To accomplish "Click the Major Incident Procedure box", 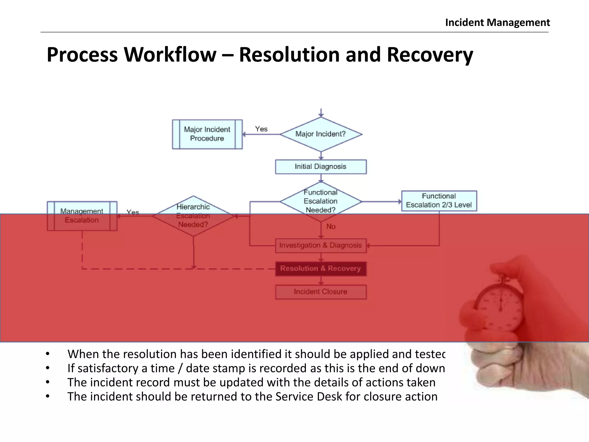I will (207, 134).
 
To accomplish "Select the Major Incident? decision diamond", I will (321, 134).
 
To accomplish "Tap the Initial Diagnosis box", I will (321, 167).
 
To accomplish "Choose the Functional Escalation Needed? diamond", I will (321, 201).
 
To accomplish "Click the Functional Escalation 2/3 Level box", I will (439, 201).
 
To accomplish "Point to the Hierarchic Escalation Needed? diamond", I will (193, 216).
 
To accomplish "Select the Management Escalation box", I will (82, 216).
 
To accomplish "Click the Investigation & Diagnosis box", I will (321, 245).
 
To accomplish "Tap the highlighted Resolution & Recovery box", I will (321, 268).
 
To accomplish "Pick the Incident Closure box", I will (321, 292).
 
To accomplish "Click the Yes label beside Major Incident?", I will (261, 129).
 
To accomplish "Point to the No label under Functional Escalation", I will (331, 227).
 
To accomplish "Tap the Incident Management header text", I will (497, 22).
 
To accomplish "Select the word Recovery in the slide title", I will (430, 55).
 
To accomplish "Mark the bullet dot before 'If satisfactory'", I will (48, 368).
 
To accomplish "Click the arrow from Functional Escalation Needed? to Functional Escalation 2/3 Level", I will (381, 202).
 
